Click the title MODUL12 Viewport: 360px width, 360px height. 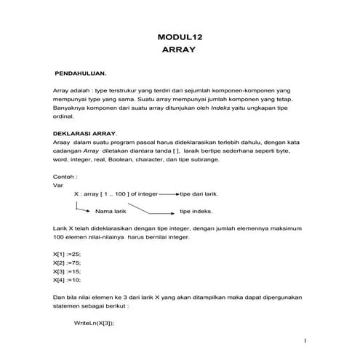click(180, 37)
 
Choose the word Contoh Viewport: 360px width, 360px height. click(65, 176)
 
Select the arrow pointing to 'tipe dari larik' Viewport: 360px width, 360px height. click(168, 195)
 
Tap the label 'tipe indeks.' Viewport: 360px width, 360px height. click(198, 212)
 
